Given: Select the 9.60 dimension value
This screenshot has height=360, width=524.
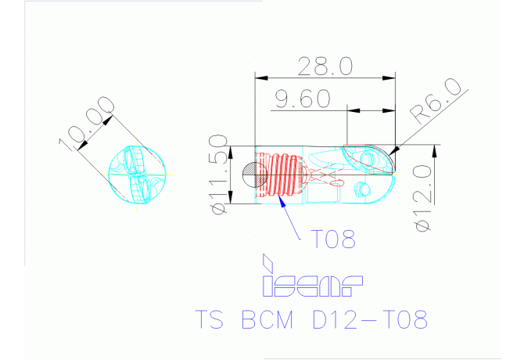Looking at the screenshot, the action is pos(302,99).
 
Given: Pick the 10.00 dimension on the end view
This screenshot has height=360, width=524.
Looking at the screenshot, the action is pos(86,125).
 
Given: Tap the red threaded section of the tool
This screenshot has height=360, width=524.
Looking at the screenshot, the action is pos(282,173).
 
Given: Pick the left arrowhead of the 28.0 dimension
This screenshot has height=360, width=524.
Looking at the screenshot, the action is pos(260,77).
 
